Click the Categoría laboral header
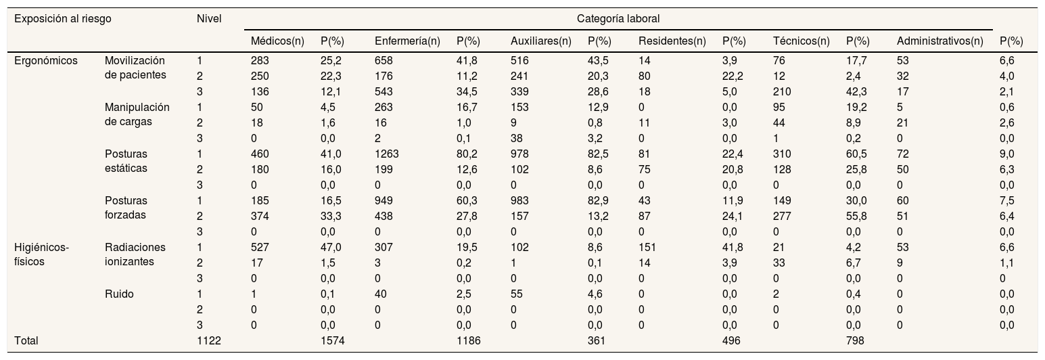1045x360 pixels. coord(618,19)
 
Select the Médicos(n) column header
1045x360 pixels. coord(277,41)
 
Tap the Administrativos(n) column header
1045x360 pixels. coord(940,41)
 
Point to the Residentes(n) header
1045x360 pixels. coord(672,41)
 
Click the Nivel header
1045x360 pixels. coord(209,19)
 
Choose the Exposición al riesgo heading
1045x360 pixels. coord(63,19)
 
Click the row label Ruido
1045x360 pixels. coord(120,294)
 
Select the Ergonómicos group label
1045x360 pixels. coord(46,61)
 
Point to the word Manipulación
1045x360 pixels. coord(137,108)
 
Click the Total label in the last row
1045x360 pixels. coord(26,340)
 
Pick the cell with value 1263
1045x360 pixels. coord(387,154)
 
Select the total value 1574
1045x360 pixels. coord(333,340)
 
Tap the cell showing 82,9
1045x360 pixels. coord(598,200)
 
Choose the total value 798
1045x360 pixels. coord(855,340)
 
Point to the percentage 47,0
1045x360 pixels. coord(331,247)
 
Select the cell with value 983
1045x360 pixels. coord(519,200)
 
